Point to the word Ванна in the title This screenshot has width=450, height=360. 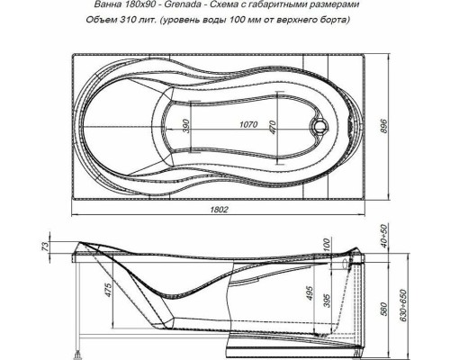point(112,8)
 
